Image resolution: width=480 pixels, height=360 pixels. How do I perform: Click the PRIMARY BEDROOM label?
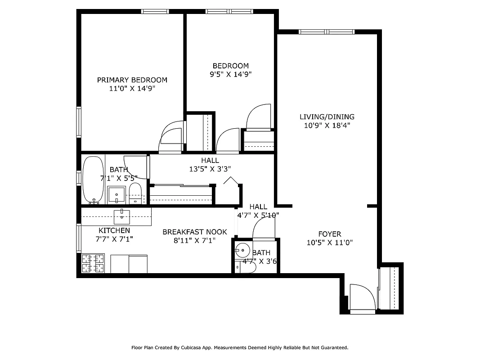click(132, 80)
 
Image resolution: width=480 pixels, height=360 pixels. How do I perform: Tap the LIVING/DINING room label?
click(327, 117)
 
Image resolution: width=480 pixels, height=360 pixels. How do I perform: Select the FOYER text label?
click(329, 234)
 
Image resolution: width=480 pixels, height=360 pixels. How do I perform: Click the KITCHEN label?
click(114, 230)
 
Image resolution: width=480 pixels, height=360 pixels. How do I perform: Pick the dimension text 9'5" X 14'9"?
click(230, 75)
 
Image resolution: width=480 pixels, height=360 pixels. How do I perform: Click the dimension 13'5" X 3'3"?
click(210, 169)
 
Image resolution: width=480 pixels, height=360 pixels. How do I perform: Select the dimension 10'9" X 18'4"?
click(327, 126)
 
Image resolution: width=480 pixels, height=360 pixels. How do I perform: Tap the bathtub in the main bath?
click(93, 180)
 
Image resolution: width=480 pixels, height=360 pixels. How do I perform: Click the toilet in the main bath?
click(135, 193)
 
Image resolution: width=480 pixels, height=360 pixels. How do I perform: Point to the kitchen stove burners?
click(93, 263)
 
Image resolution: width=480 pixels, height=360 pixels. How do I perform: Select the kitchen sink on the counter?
click(122, 216)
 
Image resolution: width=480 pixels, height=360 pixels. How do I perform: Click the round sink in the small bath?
click(243, 249)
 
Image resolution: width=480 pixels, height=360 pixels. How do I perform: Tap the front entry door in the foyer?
click(362, 297)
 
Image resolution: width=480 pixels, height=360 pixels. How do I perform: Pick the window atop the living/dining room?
click(327, 31)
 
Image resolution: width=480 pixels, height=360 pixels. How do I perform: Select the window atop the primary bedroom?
click(155, 11)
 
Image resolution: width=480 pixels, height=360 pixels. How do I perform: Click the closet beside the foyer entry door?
click(390, 288)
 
